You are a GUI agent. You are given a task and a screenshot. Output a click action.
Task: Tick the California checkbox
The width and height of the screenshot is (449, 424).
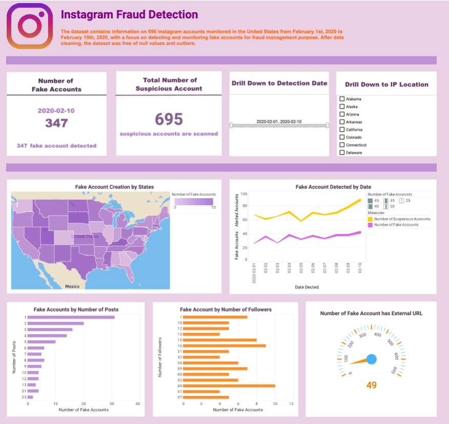(x=342, y=130)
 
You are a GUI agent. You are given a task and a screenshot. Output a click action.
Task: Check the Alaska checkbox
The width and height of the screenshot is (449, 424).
(x=342, y=107)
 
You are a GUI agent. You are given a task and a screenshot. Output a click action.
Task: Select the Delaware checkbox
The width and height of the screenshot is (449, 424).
(x=342, y=153)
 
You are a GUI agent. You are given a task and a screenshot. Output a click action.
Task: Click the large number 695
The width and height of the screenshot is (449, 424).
(x=169, y=119)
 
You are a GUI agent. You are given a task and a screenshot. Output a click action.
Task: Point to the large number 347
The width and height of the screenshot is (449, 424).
(x=56, y=123)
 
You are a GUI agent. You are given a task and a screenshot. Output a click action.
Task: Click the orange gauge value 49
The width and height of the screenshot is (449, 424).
(x=372, y=385)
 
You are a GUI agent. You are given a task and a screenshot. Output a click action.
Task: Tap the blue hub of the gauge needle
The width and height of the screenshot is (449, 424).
(x=372, y=359)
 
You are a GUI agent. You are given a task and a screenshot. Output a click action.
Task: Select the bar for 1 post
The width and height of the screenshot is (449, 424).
(x=71, y=317)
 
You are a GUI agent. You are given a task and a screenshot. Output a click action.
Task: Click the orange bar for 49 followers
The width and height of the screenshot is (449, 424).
(x=229, y=386)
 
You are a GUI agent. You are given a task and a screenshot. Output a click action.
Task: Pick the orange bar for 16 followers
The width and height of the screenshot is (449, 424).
(x=224, y=346)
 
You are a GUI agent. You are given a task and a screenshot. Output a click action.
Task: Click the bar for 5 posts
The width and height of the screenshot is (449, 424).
(x=42, y=342)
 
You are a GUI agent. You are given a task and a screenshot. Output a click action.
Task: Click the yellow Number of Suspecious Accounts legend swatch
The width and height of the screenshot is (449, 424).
(x=371, y=219)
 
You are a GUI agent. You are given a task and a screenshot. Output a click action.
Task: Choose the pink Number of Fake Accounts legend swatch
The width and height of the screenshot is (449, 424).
(x=371, y=225)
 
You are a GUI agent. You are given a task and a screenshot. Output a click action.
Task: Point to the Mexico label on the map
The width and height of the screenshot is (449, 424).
(x=72, y=286)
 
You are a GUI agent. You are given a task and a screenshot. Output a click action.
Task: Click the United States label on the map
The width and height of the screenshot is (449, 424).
(x=85, y=237)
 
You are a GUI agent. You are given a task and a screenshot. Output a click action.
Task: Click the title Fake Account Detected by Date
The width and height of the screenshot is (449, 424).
(x=333, y=187)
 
